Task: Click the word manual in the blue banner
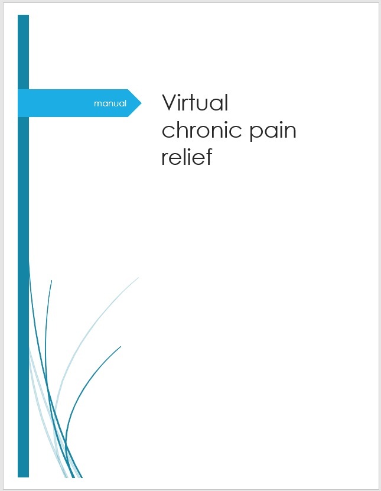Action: pos(110,103)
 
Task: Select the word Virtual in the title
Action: pos(195,102)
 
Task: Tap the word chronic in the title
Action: pos(202,129)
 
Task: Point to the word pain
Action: pos(273,132)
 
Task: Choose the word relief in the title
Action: pos(187,157)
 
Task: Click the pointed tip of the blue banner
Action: pos(141,103)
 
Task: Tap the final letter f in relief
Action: pos(208,156)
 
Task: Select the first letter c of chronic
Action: pos(168,132)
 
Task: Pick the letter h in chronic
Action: pos(182,129)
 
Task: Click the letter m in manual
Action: pos(98,104)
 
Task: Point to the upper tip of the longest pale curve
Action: pos(138,278)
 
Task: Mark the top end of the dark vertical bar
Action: pos(23,15)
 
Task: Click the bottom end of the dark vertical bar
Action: pos(23,477)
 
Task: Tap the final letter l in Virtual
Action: pos(226,102)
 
